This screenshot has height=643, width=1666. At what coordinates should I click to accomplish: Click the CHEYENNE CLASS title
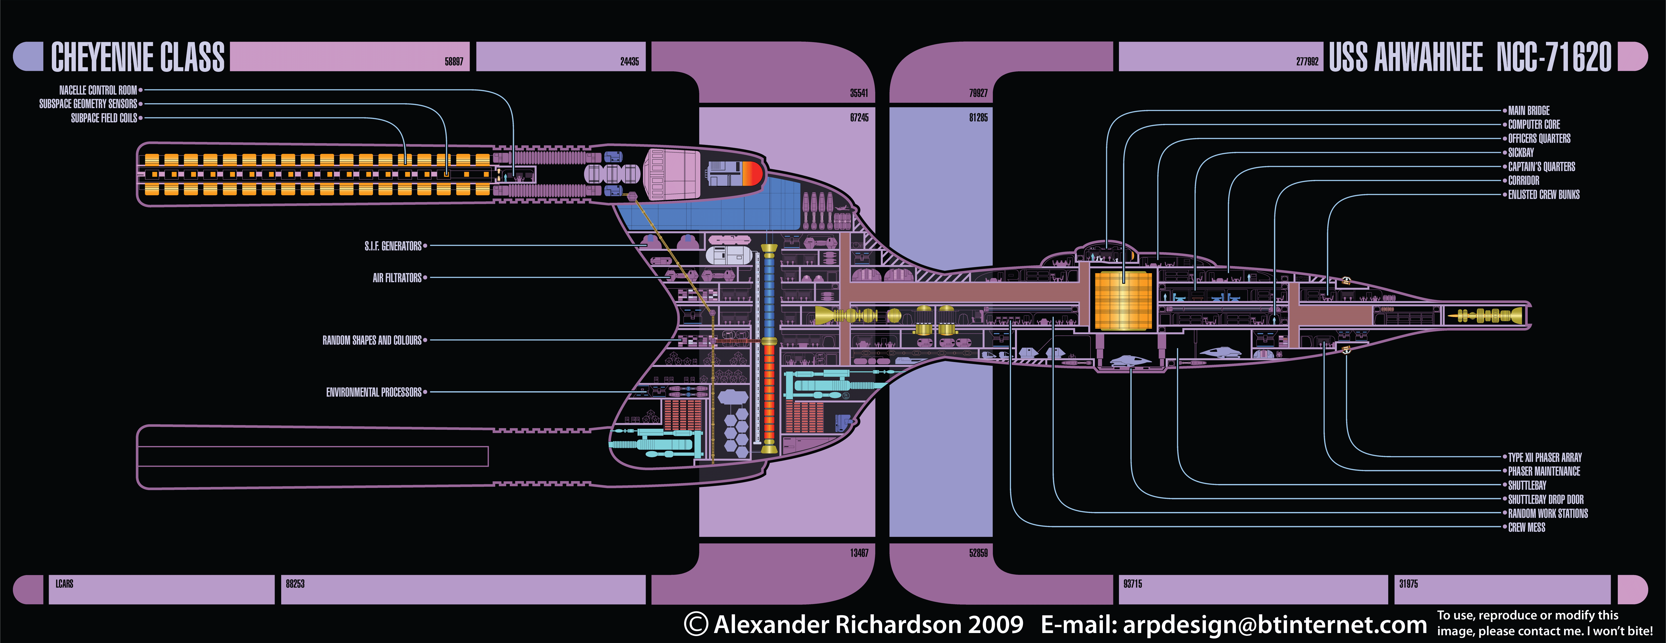point(138,57)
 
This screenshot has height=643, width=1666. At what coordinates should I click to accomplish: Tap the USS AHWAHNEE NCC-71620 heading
point(1469,57)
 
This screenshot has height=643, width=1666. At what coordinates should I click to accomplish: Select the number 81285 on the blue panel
point(978,118)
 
